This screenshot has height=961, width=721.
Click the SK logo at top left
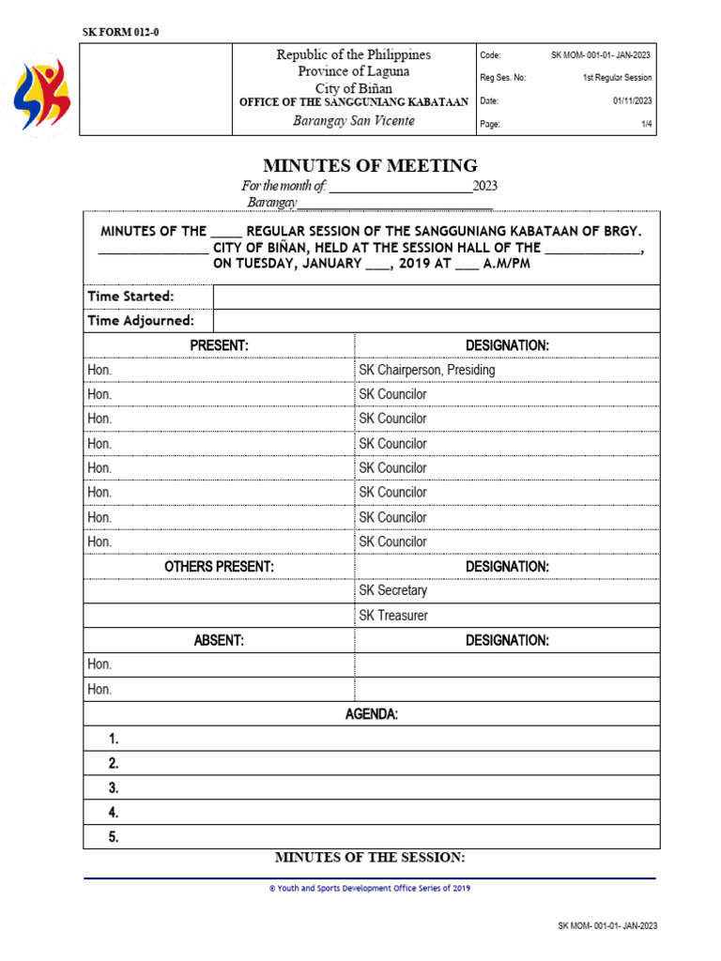(41, 94)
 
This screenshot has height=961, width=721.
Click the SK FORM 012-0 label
(121, 33)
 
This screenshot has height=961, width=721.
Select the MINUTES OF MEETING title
(370, 166)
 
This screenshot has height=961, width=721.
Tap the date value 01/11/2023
(633, 100)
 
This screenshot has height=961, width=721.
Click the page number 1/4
(646, 124)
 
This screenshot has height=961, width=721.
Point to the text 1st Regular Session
(616, 78)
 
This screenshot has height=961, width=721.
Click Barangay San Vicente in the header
(353, 121)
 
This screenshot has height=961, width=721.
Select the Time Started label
(130, 297)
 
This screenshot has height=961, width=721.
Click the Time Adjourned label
(141, 321)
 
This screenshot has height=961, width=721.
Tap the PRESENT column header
(219, 345)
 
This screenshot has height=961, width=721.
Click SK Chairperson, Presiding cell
(427, 370)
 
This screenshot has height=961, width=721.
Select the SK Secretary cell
(392, 590)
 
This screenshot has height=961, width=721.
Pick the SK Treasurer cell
(393, 616)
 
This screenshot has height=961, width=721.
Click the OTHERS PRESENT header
(219, 567)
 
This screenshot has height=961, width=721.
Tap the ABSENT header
(219, 640)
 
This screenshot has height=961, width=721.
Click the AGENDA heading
(371, 714)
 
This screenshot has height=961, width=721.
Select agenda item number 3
(113, 787)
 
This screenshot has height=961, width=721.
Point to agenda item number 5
(113, 837)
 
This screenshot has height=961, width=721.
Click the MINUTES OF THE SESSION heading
(370, 858)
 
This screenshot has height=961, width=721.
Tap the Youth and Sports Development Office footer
(370, 888)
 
